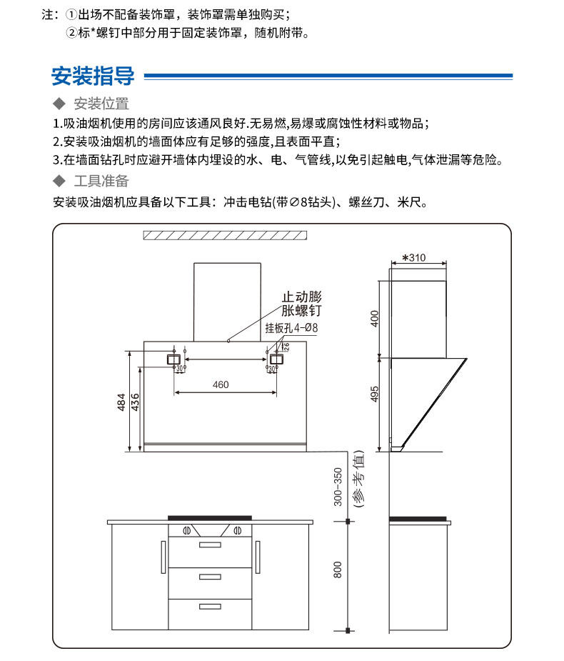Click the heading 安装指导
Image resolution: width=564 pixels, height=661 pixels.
tap(93, 75)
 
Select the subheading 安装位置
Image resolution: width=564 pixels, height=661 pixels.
tap(101, 104)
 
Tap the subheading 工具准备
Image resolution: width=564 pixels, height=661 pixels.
tap(101, 180)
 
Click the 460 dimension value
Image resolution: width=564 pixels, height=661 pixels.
tap(221, 385)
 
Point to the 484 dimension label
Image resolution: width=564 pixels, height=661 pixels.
tap(122, 402)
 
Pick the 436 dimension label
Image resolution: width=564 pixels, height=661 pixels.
tap(134, 402)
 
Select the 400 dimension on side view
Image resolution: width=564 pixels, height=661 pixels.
tap(373, 318)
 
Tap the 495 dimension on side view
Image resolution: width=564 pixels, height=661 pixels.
tap(373, 393)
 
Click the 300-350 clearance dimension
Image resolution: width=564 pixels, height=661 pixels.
tap(338, 486)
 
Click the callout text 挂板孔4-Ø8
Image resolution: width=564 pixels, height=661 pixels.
tap(291, 328)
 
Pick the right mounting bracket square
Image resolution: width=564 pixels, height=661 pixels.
tap(274, 359)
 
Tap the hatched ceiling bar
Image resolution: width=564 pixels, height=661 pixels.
tap(225, 235)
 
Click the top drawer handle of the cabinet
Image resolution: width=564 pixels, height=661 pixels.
tap(210, 545)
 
